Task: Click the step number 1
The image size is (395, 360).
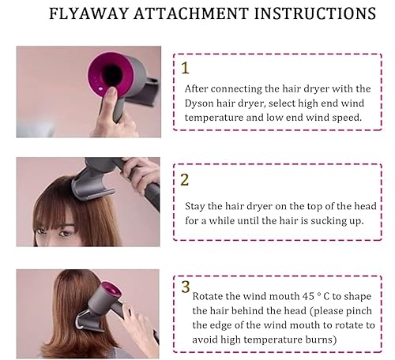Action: pyautogui.click(x=185, y=68)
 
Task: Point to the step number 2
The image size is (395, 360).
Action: pyautogui.click(x=185, y=179)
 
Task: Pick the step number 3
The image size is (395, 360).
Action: pyautogui.click(x=184, y=286)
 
